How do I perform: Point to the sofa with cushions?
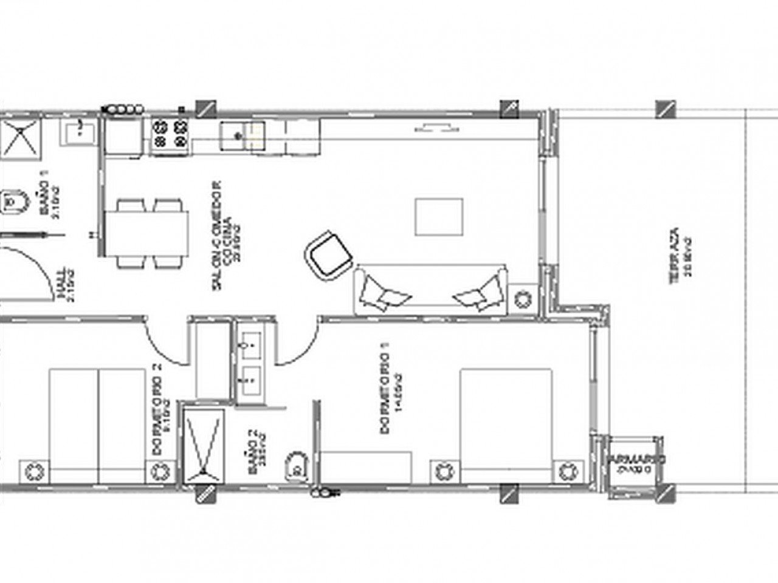coord(430,291)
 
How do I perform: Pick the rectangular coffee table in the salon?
coord(439,217)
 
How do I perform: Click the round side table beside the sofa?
coord(522,299)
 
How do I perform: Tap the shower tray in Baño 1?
coord(20,138)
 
